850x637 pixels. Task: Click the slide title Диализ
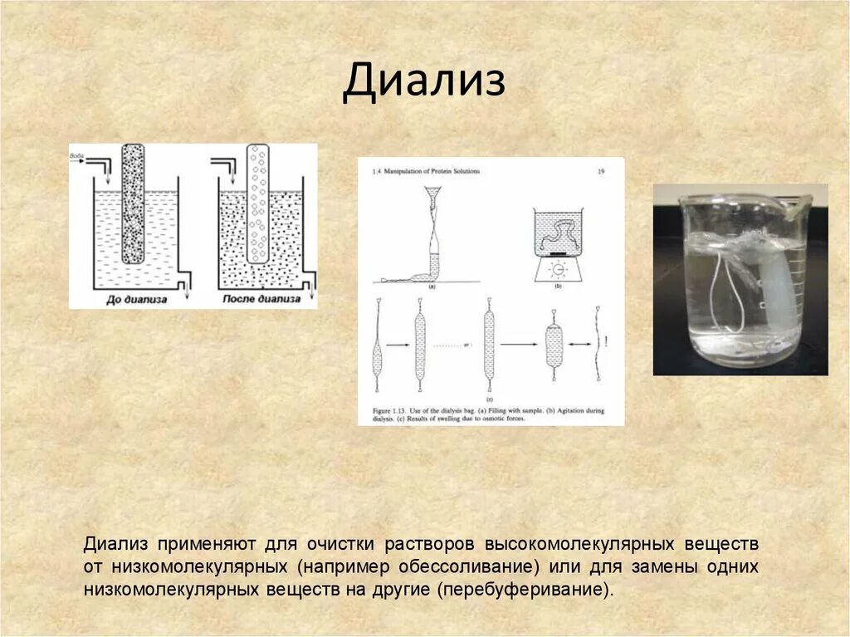(424, 81)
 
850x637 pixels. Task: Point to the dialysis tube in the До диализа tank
(133, 203)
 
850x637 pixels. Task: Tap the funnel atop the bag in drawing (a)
(433, 195)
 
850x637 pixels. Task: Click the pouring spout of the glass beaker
(801, 201)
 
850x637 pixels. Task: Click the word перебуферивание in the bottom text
(526, 590)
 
